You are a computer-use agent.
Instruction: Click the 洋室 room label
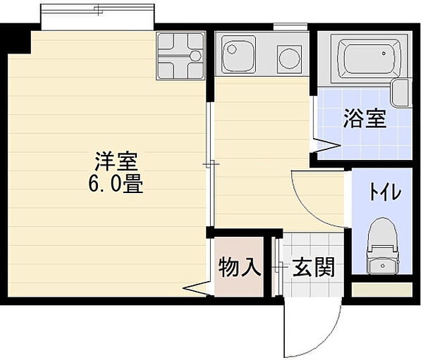[x=116, y=162]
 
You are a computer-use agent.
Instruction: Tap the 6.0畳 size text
[x=116, y=184]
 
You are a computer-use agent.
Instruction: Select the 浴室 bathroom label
[x=365, y=118]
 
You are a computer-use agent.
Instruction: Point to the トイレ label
[x=385, y=192]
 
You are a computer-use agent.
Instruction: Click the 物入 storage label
[x=240, y=267]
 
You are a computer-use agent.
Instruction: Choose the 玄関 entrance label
[x=314, y=267]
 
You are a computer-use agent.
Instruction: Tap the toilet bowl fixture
[x=383, y=246]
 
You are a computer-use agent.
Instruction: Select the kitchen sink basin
[x=238, y=54]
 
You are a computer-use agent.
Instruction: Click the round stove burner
[x=290, y=58]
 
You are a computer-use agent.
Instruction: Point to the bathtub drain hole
[x=384, y=54]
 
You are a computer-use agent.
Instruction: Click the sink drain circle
[x=232, y=49]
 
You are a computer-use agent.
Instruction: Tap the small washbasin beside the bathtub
[x=401, y=93]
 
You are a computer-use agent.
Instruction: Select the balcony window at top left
[x=97, y=17]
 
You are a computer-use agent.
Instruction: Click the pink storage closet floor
[x=239, y=267]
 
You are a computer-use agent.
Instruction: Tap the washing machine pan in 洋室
[x=180, y=56]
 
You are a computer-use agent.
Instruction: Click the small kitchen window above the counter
[x=290, y=27]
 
